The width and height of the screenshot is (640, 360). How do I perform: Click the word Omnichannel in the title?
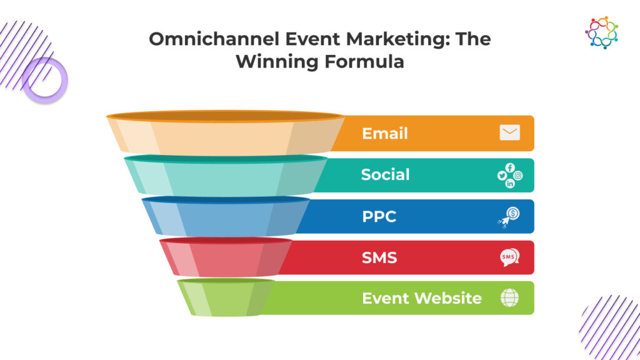click(214, 39)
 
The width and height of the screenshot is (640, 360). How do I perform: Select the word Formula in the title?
click(364, 62)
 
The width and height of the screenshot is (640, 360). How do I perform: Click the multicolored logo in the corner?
click(601, 32)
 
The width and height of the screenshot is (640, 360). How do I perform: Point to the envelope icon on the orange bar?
click(510, 132)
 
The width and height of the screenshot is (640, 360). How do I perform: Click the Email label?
click(385, 134)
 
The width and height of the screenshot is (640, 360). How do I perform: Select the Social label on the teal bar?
click(385, 175)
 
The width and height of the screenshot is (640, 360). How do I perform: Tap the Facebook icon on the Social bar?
click(510, 167)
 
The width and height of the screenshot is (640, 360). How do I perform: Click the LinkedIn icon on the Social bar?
click(510, 184)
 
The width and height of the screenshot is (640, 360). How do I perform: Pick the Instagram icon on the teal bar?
click(518, 176)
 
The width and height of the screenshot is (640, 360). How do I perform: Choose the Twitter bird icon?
click(502, 176)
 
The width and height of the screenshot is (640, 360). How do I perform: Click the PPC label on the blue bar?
click(379, 216)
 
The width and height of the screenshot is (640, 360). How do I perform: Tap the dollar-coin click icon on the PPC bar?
click(509, 217)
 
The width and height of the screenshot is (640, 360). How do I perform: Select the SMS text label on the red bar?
click(379, 257)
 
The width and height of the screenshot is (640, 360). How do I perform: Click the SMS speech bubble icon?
click(510, 257)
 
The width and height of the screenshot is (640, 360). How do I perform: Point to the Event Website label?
click(422, 298)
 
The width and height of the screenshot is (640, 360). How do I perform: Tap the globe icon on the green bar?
click(510, 297)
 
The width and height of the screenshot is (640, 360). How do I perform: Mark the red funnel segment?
click(226, 257)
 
